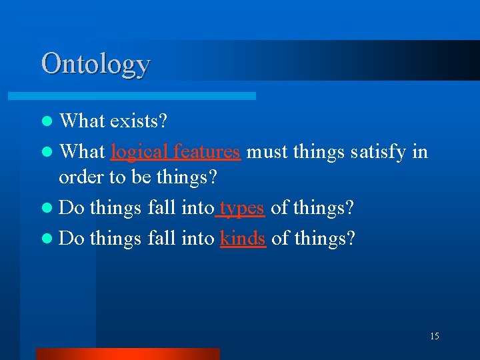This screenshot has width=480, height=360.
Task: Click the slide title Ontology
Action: coord(95,64)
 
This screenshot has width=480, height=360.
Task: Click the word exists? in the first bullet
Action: coord(139,121)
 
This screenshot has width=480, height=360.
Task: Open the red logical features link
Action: coord(175,151)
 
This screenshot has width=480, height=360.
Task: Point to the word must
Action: coord(267,151)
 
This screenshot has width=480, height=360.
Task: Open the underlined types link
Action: coord(243,208)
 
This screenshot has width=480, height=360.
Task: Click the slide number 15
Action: coord(434,336)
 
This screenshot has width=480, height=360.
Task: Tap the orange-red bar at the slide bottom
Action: coord(127,353)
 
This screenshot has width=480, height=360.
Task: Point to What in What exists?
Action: coord(82,121)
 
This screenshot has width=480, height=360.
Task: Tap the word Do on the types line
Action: coord(71,208)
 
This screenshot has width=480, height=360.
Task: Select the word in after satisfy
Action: coord(420,151)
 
